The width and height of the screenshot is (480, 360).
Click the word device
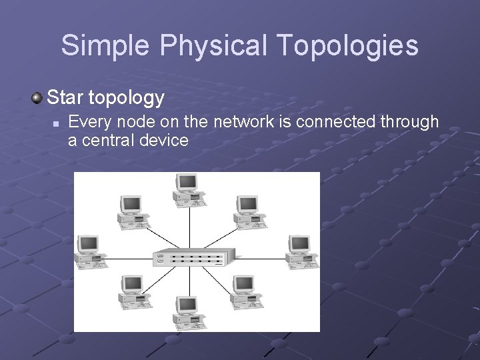pyautogui.click(x=165, y=141)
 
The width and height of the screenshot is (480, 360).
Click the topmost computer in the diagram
pyautogui.click(x=186, y=186)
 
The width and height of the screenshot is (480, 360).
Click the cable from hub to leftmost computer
pyautogui.click(x=127, y=257)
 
